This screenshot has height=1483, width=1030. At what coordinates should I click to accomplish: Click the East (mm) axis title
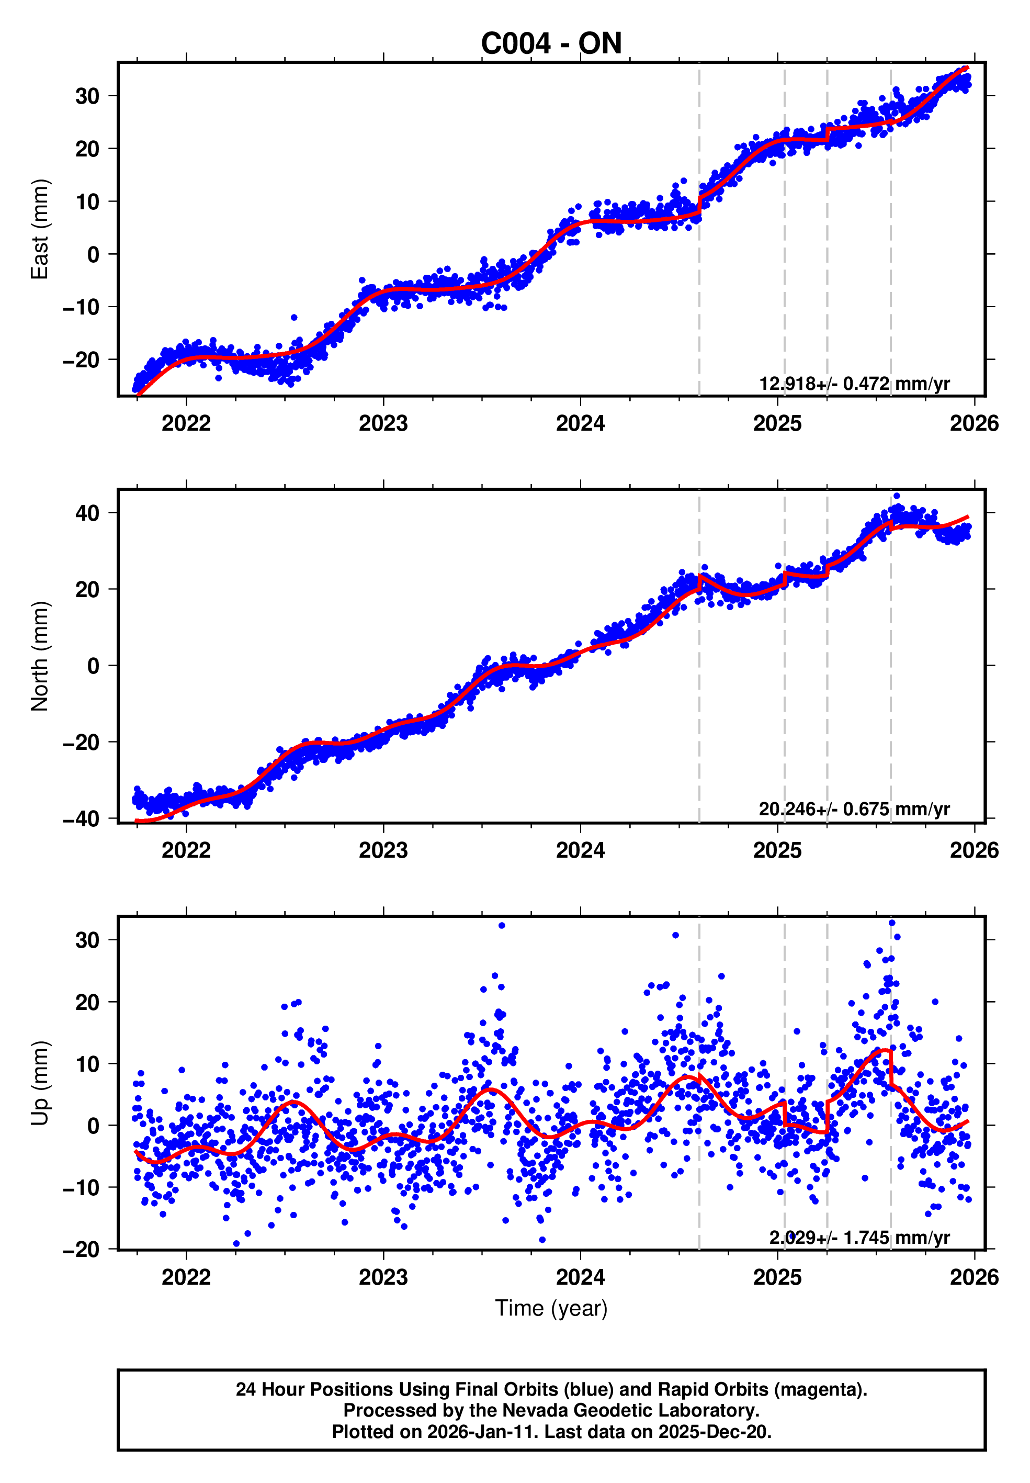39,229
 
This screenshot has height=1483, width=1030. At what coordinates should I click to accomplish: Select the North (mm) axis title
39,656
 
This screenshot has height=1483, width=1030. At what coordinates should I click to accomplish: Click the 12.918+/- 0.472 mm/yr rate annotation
854,384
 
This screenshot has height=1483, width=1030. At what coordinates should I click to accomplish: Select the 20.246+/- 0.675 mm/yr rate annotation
854,809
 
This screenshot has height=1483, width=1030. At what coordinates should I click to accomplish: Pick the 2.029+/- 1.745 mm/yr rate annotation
859,1237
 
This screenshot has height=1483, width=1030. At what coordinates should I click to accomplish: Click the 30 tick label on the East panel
87,96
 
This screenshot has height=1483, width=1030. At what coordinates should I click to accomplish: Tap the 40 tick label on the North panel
87,513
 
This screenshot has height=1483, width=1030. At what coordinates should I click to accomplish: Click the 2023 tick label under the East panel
383,423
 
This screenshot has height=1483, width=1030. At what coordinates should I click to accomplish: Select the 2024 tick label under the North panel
580,850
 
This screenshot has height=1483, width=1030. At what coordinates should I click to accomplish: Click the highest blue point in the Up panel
892,923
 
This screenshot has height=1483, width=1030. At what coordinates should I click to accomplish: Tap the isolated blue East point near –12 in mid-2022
293,318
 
